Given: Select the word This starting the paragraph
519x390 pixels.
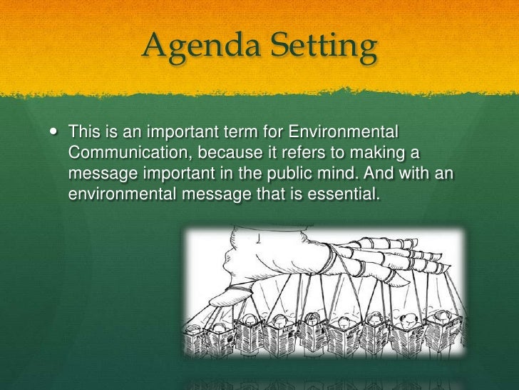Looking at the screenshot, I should [83, 133].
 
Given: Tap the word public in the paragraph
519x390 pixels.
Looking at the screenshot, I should [322, 174].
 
